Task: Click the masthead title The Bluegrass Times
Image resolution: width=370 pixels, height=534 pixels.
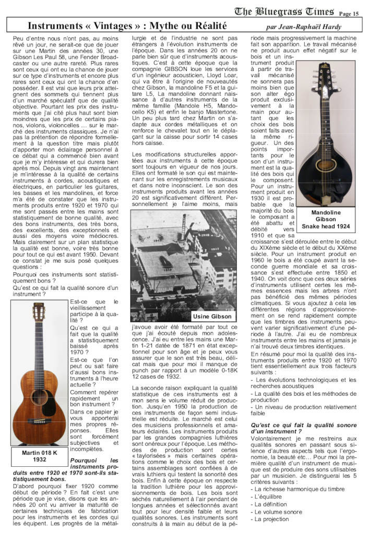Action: coord(284,11)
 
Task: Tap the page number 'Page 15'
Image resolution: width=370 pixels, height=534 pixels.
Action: coord(349,14)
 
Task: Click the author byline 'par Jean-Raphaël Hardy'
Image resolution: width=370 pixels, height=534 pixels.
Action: coord(303,27)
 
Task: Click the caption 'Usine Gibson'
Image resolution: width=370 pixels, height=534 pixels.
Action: coord(212,317)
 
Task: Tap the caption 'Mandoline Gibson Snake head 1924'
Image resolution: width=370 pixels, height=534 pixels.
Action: coord(326,220)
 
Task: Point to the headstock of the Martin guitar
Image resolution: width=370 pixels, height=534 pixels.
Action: coord(39,313)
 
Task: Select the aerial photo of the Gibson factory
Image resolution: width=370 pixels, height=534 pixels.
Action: coord(183,265)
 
